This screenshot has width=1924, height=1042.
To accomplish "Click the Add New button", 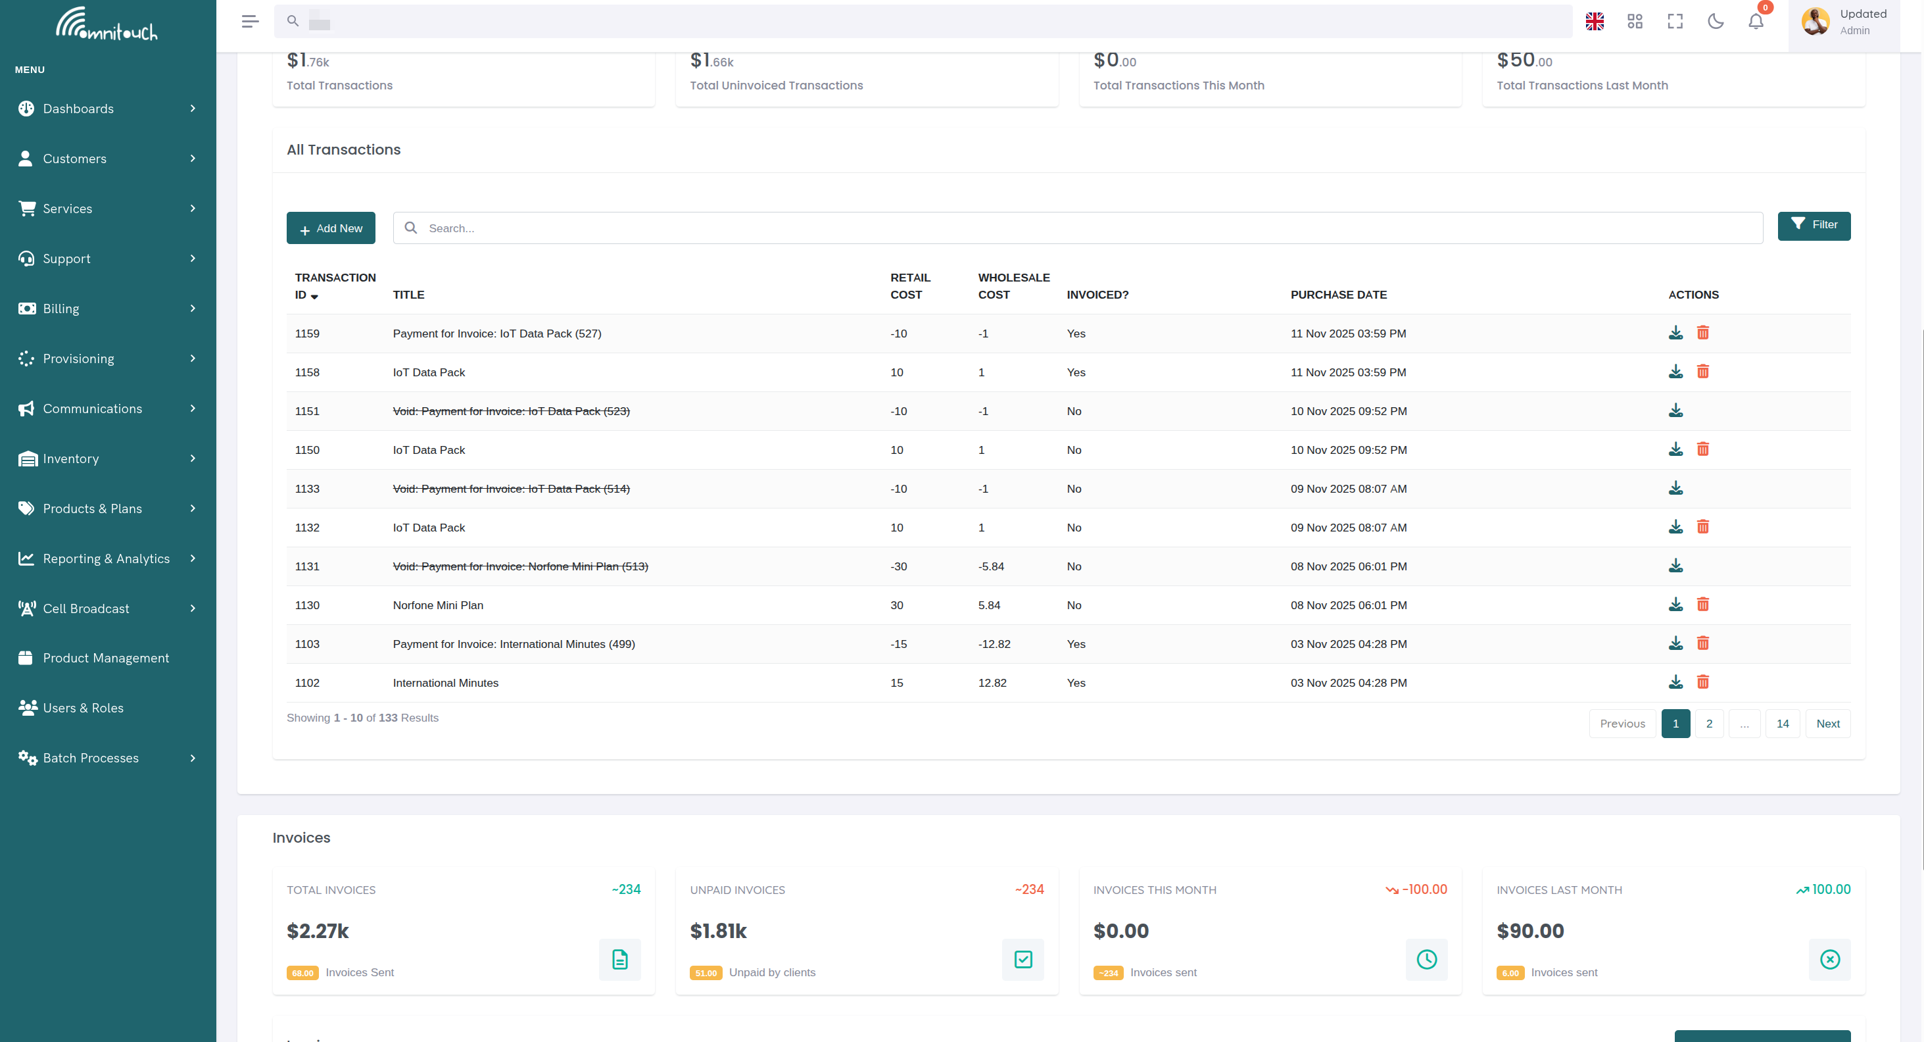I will [331, 228].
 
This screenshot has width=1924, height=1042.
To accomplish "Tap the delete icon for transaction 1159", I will [1703, 333].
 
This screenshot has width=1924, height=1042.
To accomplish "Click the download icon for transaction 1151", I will [1676, 411].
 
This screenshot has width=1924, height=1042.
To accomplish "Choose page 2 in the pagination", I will [1709, 723].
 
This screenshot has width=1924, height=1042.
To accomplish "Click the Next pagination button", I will [1827, 723].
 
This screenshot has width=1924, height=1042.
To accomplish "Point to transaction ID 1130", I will [307, 605].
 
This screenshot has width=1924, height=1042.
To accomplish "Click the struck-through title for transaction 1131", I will [520, 566].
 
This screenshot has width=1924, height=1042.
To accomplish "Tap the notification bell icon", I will [1756, 22].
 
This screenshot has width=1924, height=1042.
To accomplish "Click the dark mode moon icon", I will [1716, 22].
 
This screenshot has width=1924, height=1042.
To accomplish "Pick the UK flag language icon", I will [1595, 22].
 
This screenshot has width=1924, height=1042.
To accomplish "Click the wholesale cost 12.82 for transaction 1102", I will [992, 683].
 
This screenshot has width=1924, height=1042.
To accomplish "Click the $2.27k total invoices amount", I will [318, 931].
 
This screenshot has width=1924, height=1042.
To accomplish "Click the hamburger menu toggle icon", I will [251, 22].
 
